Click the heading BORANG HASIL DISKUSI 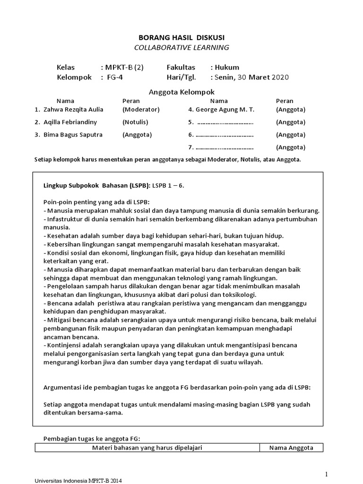[181, 37]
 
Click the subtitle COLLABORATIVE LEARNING [181, 47]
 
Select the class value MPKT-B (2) [122, 67]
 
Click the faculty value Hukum [226, 67]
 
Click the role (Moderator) [141, 109]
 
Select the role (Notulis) [136, 122]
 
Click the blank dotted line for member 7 [225, 147]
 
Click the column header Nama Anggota [291, 448]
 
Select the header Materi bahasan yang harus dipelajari [147, 448]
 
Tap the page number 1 [326, 474]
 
